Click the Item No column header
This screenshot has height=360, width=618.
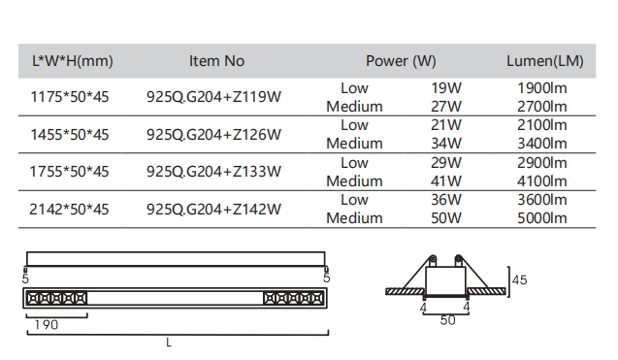tap(216, 61)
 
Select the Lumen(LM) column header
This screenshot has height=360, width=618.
tap(544, 61)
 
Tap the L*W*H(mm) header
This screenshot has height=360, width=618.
tap(73, 61)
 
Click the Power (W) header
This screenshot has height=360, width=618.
tap(401, 61)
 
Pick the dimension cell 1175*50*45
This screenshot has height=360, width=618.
tap(70, 97)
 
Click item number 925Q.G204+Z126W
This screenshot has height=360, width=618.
tap(213, 135)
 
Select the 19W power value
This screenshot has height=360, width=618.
tap(445, 88)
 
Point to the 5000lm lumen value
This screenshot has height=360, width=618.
tap(542, 218)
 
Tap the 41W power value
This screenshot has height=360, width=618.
tap(445, 181)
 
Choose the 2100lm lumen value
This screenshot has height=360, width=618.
tap(542, 125)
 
